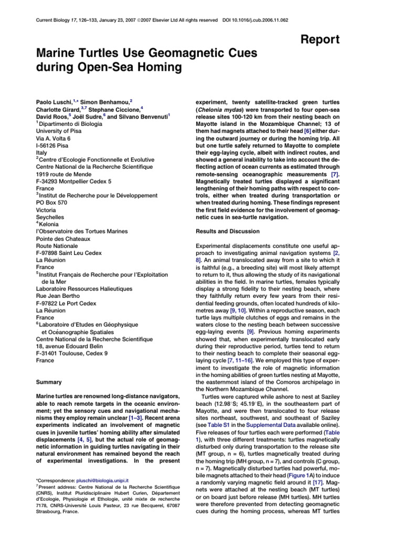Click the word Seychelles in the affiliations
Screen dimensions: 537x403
(x=52, y=217)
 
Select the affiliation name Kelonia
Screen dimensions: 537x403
(x=50, y=224)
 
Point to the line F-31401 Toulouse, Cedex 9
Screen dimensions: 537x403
(x=72, y=353)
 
